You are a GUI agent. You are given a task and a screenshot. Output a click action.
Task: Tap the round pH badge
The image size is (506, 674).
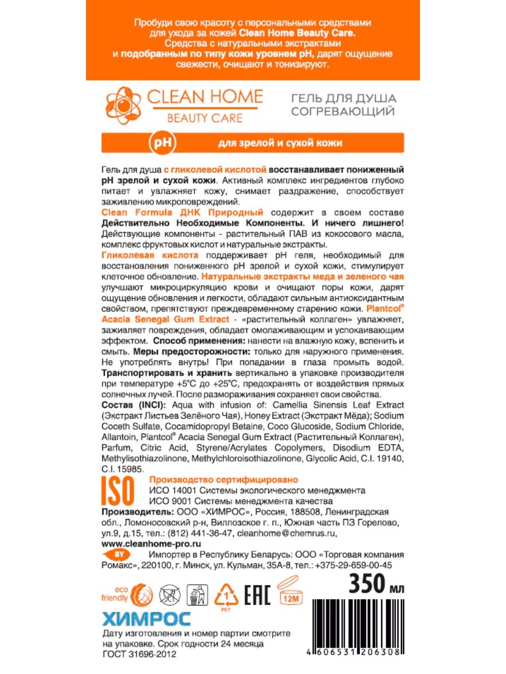[161, 143]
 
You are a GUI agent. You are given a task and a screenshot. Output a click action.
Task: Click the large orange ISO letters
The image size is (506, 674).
[118, 490]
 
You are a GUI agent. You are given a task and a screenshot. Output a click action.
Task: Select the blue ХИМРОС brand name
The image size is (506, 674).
[146, 619]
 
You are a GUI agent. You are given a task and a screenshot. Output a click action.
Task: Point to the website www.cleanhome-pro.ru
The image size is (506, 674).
[151, 544]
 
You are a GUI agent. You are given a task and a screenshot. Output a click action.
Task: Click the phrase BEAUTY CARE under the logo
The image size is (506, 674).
[205, 118]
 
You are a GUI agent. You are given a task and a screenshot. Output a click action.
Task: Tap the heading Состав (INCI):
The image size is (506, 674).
[130, 406]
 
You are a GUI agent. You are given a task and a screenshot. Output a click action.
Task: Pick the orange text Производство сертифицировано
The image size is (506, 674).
[223, 480]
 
